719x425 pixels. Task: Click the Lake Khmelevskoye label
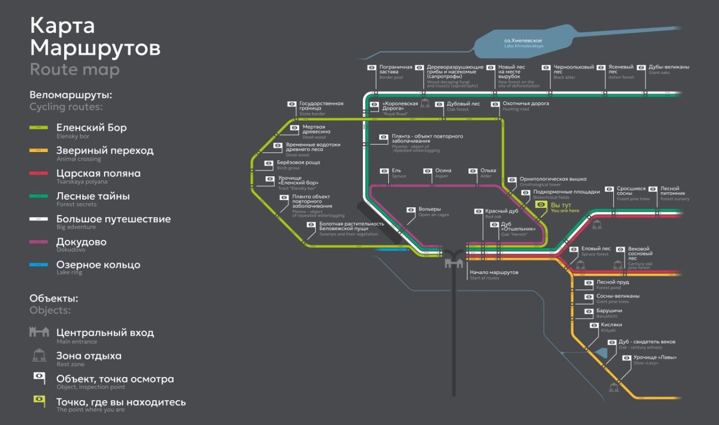pos(523,43)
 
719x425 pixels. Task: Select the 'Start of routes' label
pos(494,274)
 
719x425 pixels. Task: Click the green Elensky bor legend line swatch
pos(39,128)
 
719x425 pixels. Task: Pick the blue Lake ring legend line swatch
pos(39,265)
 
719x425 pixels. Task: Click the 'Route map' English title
pos(74,70)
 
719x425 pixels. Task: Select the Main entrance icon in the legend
pos(39,332)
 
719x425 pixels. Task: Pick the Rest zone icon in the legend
pos(39,356)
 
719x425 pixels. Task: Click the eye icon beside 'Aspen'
pos(427,171)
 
